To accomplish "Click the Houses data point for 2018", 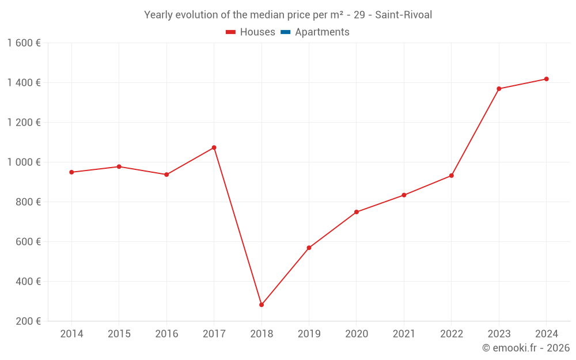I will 262,305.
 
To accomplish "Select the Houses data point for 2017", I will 214,147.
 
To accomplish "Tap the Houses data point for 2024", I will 546,79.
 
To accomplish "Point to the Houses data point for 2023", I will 499,89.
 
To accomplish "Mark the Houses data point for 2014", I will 71,172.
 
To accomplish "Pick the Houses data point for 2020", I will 357,212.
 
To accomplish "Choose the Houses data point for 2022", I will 452,176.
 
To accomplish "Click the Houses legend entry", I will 251,32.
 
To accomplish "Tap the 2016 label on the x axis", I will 166,334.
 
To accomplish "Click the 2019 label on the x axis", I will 309,334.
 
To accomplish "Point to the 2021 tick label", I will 404,334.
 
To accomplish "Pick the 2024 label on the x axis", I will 546,334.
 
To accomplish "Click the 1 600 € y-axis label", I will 24,43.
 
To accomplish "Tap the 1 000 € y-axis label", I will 24,162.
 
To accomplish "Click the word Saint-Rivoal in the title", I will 403,15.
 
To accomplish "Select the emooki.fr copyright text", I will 526,348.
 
